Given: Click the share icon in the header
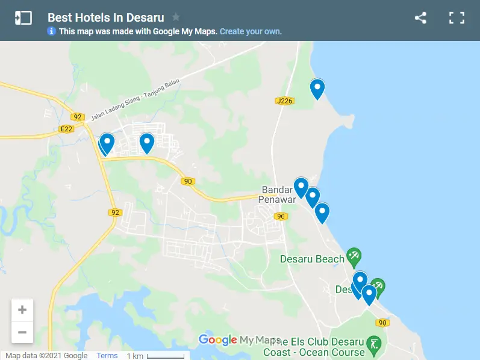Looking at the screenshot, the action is click(x=420, y=18).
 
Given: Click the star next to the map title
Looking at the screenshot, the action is click(x=176, y=17).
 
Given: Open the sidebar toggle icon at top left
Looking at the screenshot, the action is click(x=23, y=18).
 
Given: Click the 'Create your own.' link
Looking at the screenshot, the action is click(x=251, y=31).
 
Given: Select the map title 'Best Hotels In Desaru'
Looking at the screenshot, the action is click(x=105, y=17).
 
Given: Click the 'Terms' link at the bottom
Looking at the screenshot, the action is click(x=107, y=356).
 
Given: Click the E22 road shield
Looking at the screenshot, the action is click(x=67, y=129).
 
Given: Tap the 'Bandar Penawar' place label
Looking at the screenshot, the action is click(x=277, y=194).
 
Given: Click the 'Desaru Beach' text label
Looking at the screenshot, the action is click(x=312, y=259).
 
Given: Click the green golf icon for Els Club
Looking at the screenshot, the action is click(x=374, y=345).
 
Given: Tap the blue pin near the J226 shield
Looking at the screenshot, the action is click(x=317, y=88).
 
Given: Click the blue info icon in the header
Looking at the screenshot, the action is click(x=52, y=31).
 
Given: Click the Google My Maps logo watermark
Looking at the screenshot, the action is click(x=239, y=340).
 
